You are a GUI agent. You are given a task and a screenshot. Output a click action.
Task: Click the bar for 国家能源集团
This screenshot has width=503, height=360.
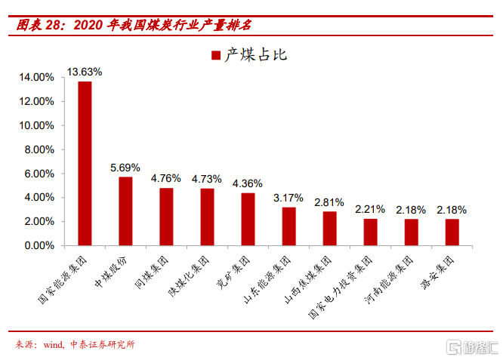[x=85, y=164]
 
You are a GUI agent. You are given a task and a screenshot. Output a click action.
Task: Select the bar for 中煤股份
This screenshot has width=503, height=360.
[x=125, y=211]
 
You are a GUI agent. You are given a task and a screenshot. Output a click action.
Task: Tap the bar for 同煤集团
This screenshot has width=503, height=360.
[x=166, y=217]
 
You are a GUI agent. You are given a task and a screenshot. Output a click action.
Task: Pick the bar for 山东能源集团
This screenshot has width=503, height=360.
[x=289, y=226]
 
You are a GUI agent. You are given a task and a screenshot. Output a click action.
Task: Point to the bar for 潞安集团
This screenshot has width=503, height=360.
[x=452, y=232]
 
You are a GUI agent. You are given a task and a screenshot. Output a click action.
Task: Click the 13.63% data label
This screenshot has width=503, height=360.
[x=85, y=72]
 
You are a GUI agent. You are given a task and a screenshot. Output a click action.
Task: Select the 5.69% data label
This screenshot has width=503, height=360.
[x=125, y=168]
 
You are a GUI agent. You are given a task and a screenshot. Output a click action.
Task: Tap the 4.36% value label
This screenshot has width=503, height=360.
[x=247, y=183]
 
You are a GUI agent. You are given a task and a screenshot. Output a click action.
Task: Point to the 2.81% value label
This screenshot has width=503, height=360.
[x=329, y=202]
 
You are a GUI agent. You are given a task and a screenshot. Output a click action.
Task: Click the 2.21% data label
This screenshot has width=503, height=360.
[x=370, y=209]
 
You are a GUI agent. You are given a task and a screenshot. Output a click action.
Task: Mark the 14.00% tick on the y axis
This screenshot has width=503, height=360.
[x=36, y=77]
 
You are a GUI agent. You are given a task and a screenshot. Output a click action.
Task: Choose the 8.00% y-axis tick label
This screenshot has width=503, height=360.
[x=39, y=149]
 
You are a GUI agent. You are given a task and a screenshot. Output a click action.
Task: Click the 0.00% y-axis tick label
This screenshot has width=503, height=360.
[x=39, y=245]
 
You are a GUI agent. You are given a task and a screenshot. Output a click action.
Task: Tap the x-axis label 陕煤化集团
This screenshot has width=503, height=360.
[x=189, y=276]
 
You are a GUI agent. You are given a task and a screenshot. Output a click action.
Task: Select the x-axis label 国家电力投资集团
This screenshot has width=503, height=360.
[x=340, y=288]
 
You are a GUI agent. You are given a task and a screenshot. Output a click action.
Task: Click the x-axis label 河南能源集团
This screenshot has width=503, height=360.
[x=388, y=279]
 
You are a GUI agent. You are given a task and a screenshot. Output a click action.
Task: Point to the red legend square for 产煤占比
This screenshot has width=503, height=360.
[x=216, y=55]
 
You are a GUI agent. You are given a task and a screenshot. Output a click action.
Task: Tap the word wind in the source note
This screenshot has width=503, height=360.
[x=54, y=345]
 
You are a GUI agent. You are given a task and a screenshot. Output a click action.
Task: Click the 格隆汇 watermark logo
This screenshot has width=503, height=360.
[x=473, y=347]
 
